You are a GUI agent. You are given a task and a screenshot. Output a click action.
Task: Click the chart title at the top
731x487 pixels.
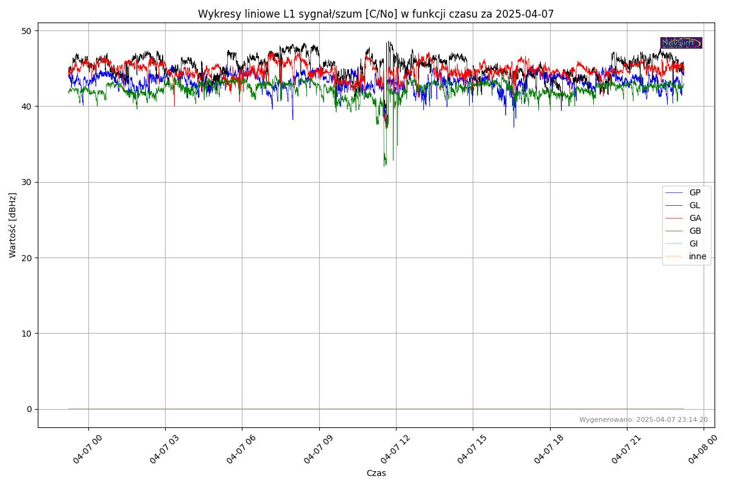click(376, 14)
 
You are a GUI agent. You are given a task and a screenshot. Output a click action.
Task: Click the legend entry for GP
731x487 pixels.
click(694, 192)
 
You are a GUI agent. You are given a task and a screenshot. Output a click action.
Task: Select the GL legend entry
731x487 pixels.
click(694, 205)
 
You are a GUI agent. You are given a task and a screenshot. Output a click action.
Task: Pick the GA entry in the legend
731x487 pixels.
click(694, 218)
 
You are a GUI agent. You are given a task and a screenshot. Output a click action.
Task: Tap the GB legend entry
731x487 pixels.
click(694, 231)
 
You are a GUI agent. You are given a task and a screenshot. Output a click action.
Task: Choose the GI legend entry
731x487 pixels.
click(693, 243)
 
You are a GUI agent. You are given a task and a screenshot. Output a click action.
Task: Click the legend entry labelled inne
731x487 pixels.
click(697, 256)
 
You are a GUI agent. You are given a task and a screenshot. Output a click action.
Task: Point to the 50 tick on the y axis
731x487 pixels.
click(27, 31)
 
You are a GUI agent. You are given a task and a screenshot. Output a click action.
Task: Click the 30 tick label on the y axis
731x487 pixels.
click(27, 182)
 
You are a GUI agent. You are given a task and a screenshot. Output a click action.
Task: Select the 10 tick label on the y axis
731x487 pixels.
click(27, 334)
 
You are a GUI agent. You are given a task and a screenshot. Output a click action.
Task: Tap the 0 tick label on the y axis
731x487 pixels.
click(29, 409)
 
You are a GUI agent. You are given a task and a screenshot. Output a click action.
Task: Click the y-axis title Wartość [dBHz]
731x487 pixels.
click(13, 225)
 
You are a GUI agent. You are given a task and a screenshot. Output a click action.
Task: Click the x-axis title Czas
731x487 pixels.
click(376, 473)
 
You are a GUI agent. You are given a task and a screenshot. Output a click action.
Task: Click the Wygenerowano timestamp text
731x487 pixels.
click(643, 419)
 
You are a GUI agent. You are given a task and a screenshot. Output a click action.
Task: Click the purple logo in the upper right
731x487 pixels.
click(681, 43)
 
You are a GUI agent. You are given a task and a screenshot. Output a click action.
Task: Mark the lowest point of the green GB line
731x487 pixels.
click(384, 166)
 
